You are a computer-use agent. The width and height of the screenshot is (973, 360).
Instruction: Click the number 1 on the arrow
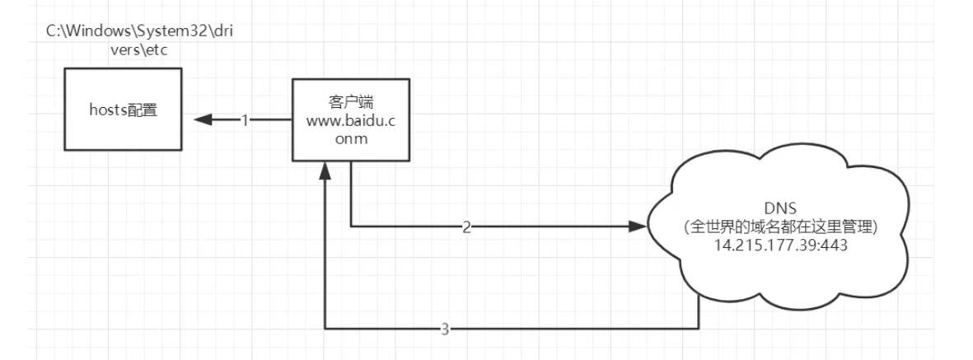coord(245,119)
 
